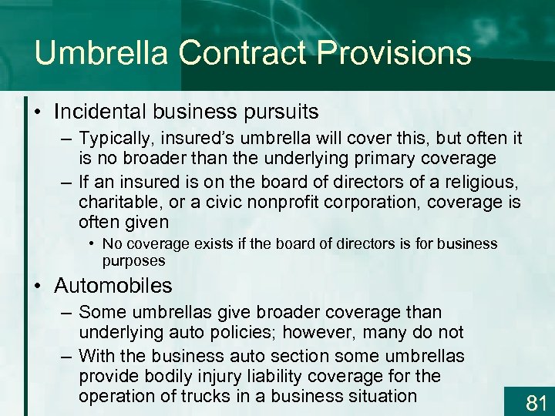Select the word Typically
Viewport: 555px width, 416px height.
point(118,139)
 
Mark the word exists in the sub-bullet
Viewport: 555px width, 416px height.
point(213,244)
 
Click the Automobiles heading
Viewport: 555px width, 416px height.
point(113,286)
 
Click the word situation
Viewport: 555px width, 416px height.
point(375,397)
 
